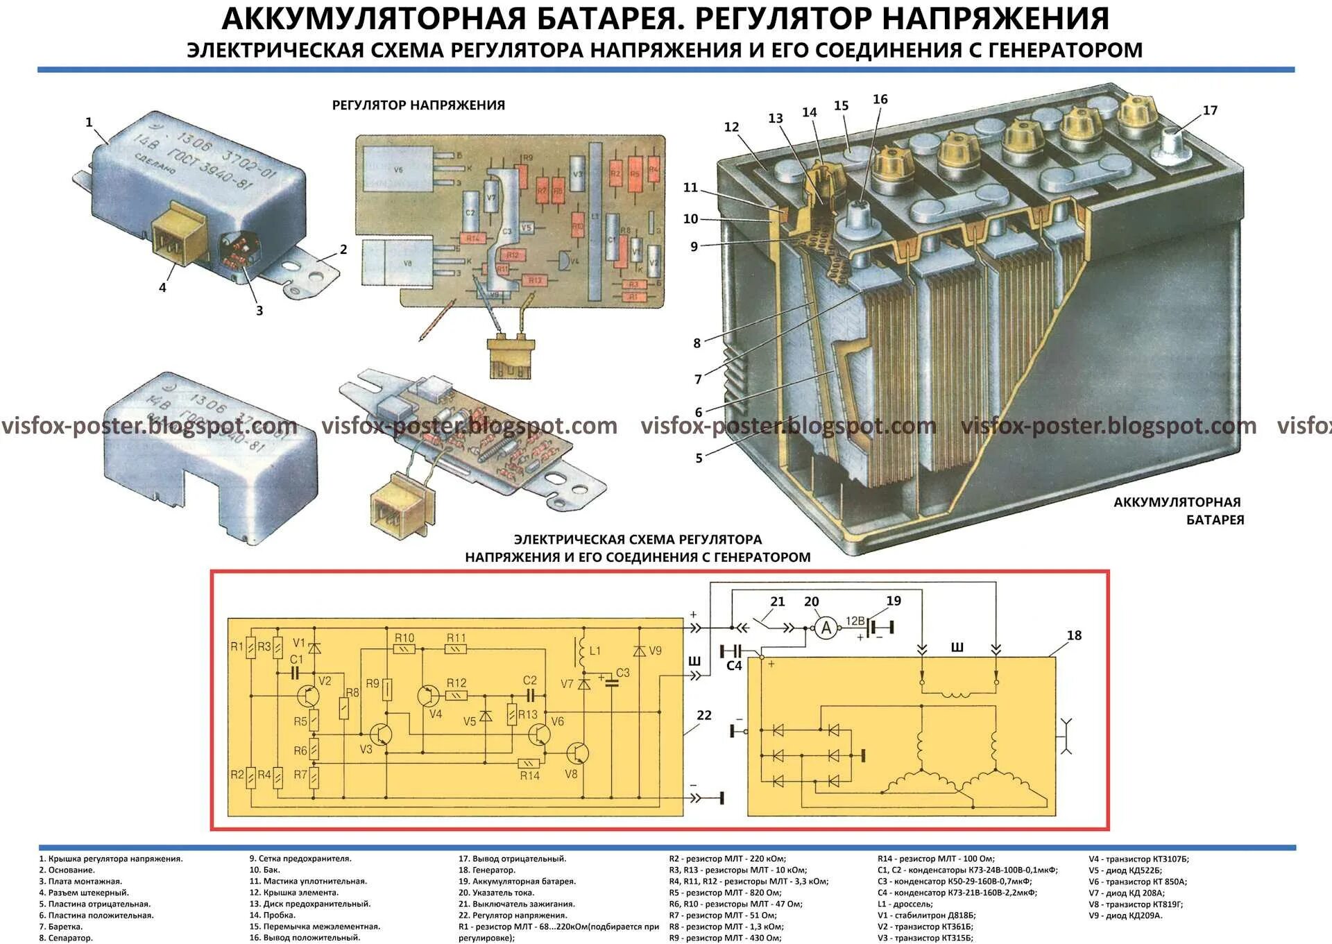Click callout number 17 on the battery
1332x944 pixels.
pos(1210,110)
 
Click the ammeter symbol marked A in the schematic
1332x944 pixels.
pos(826,628)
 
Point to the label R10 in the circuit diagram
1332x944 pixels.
pos(404,637)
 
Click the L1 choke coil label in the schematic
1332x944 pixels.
pos(595,651)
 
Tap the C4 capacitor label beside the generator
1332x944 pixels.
pos(733,665)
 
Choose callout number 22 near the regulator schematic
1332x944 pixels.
pos(704,715)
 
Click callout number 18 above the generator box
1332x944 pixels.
pos(1074,635)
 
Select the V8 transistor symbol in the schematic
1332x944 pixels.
pos(577,753)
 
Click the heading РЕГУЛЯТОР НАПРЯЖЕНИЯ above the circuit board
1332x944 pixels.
pos(418,105)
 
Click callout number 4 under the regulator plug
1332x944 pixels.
pos(162,287)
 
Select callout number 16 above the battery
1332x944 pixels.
pos(880,99)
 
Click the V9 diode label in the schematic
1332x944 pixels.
pos(654,651)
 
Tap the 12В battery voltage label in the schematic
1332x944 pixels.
pos(855,621)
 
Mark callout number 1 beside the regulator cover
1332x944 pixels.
pos(89,123)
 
